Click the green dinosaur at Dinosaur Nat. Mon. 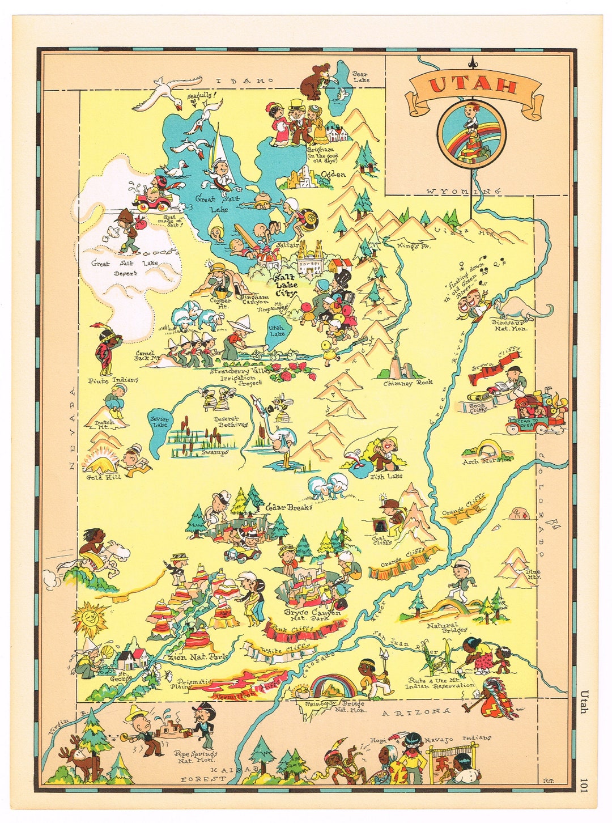click(x=521, y=309)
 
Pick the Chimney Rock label click(x=408, y=383)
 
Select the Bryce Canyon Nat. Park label click(x=313, y=616)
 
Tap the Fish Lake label click(x=385, y=477)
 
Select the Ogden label click(x=333, y=175)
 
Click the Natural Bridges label click(x=447, y=627)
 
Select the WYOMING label click(x=464, y=192)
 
